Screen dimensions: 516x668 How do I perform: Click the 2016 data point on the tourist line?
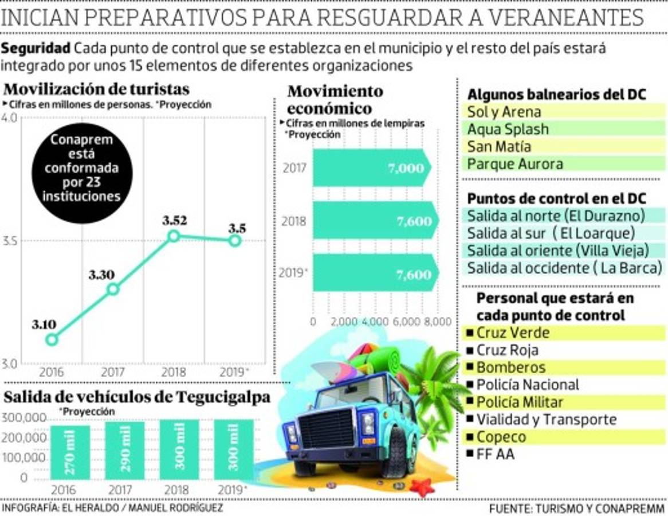[52, 339]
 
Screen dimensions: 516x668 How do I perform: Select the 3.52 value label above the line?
[174, 221]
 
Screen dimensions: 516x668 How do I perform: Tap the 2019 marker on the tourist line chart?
[234, 241]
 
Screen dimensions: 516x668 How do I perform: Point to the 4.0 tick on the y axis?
[10, 118]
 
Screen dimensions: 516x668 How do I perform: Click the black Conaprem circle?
[82, 169]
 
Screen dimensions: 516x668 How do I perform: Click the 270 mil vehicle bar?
[70, 451]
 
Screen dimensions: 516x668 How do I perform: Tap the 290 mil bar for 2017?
[125, 451]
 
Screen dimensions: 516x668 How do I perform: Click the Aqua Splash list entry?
[508, 129]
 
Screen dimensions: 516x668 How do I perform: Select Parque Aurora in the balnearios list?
[514, 164]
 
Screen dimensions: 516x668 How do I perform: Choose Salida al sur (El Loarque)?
[551, 233]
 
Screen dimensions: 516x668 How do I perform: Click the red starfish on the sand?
[422, 487]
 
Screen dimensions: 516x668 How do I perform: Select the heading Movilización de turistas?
[96, 90]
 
